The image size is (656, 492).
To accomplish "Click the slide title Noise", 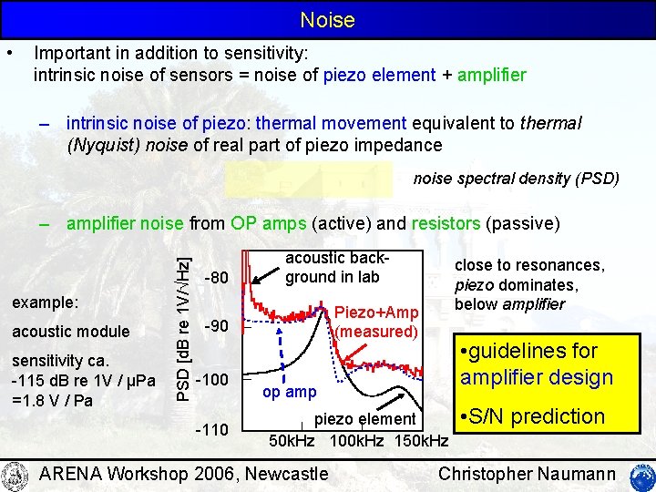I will click(327, 19).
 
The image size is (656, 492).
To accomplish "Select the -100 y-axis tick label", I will click(218, 378).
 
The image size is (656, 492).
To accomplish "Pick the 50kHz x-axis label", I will click(292, 442).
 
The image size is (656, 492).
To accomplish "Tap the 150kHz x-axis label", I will click(420, 442).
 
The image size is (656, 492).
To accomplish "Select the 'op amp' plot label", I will click(290, 392).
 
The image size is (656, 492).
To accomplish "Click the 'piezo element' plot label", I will click(364, 419).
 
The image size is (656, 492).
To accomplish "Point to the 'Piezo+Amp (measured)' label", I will click(376, 322).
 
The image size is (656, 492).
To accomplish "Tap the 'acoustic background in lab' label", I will click(330, 267).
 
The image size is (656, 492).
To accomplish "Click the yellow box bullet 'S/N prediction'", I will click(533, 416).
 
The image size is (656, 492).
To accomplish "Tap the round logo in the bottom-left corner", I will click(15, 475).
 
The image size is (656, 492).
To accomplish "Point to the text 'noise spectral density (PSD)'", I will click(516, 178).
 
